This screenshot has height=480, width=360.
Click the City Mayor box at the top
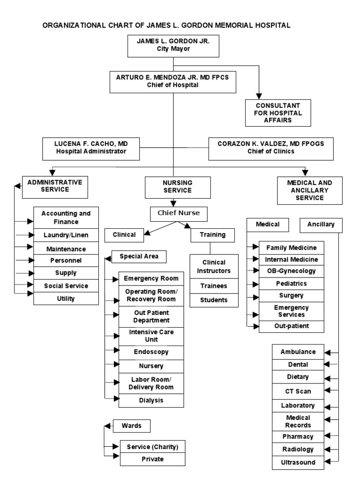click(173, 45)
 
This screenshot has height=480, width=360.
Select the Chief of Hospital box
click(173, 81)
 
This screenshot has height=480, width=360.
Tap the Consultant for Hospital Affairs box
click(278, 113)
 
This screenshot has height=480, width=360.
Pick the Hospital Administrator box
click(91, 148)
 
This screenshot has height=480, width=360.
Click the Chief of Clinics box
click(270, 148)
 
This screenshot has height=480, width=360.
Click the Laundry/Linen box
click(65, 234)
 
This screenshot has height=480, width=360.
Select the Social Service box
click(65, 285)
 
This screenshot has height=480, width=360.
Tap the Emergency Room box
click(151, 278)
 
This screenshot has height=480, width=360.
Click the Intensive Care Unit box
click(151, 336)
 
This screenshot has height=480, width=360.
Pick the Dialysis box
click(151, 401)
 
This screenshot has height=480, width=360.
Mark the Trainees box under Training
click(213, 285)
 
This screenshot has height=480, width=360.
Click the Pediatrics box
click(291, 284)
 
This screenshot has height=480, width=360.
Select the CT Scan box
click(298, 391)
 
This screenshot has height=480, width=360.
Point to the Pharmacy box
click(298, 436)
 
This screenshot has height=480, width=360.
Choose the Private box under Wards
click(152, 459)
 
